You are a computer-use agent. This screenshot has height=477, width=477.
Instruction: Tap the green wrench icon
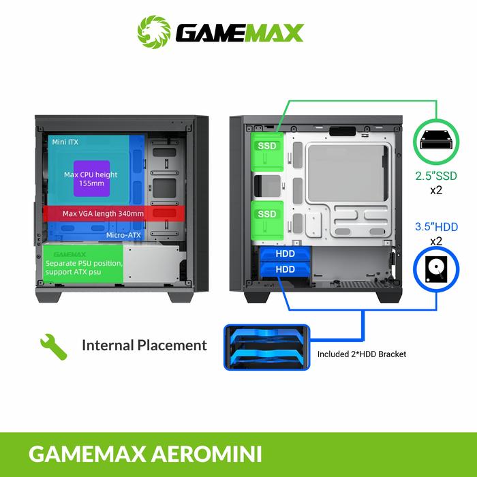click(53, 346)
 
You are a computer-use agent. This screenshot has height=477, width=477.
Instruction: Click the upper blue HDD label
click(286, 253)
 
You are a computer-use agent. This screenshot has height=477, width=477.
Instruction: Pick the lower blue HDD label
click(286, 269)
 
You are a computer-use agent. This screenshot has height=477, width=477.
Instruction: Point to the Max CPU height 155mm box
click(91, 179)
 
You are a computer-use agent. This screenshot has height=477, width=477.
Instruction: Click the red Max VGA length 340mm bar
click(103, 213)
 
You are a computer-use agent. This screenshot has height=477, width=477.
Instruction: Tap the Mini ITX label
click(65, 142)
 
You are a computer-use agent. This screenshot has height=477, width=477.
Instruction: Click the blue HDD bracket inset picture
click(266, 345)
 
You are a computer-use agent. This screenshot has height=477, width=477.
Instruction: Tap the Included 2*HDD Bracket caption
click(362, 354)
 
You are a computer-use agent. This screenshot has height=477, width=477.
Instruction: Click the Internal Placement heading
click(144, 345)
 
